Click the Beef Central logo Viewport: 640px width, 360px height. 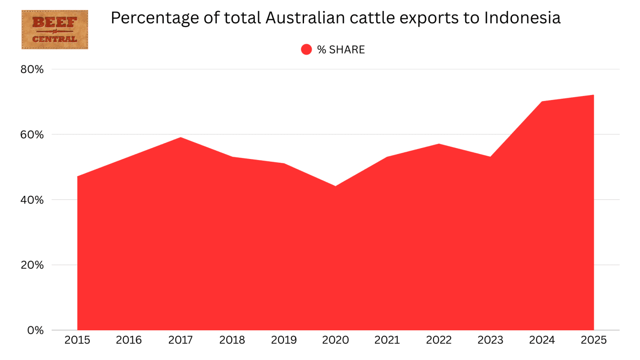coord(54,30)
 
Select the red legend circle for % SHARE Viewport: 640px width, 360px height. coord(306,49)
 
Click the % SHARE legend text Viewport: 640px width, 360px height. coord(341,50)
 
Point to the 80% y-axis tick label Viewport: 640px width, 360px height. coord(32,69)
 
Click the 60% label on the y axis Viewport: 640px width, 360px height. coord(32,135)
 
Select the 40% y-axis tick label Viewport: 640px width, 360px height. coord(32,200)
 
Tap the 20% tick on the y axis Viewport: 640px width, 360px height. coord(32,265)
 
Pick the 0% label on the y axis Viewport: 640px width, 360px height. coord(35,330)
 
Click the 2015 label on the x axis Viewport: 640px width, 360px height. coord(77,340)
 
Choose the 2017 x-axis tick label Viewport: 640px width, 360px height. coord(181,340)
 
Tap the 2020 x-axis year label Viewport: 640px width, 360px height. coord(336,340)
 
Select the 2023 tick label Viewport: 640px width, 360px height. coord(491,340)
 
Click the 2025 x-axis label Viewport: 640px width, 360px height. coord(594,340)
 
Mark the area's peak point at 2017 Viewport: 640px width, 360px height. coord(181,138)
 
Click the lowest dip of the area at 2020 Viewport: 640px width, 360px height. coord(336,186)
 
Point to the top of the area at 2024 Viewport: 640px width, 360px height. coord(542,101)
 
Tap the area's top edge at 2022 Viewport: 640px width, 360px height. coord(439,144)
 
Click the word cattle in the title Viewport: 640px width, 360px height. coord(392,18)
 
